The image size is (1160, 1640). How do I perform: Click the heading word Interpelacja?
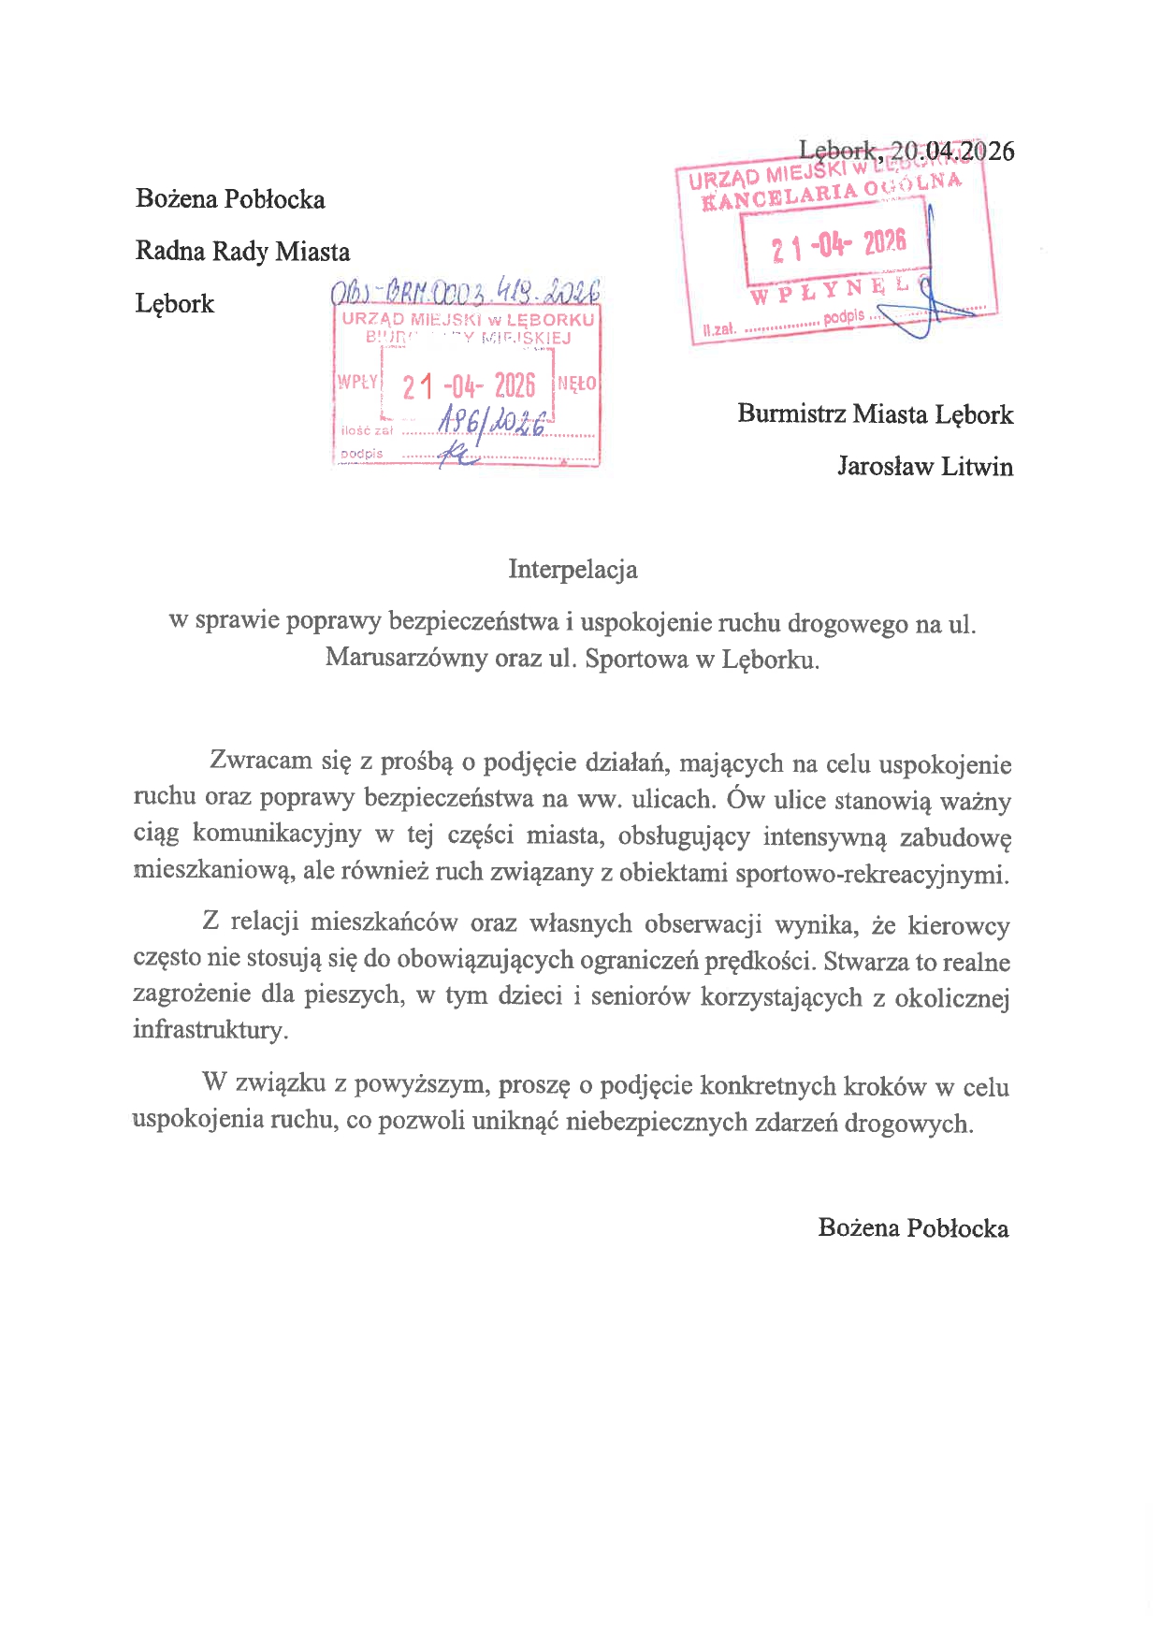[x=573, y=570]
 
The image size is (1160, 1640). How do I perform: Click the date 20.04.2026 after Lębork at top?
[x=951, y=151]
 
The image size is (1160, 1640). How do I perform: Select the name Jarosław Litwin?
[x=924, y=466]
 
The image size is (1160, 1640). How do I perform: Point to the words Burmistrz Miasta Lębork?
[x=875, y=414]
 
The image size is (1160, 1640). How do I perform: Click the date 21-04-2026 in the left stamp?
[x=469, y=385]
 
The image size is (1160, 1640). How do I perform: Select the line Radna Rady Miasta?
[x=242, y=252]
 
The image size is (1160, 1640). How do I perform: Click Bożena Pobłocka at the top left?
[x=230, y=199]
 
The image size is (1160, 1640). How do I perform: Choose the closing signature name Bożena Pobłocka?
[x=913, y=1227]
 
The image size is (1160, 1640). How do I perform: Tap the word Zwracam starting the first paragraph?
[x=261, y=760]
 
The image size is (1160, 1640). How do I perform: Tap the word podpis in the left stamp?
[x=362, y=454]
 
